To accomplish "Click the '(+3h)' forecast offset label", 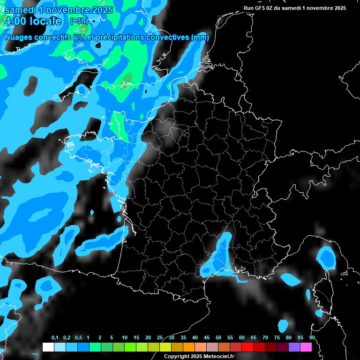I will (78, 21).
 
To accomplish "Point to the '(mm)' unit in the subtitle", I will (200, 37).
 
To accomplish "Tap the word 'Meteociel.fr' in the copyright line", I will (218, 357).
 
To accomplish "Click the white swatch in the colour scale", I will (48, 347).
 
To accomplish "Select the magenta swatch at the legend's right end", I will (306, 347).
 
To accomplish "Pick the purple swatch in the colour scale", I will (294, 347).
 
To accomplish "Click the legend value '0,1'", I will (54, 338).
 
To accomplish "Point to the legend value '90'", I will (312, 338).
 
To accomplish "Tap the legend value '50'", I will (218, 338).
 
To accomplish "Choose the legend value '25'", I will (160, 338).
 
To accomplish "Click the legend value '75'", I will (277, 338).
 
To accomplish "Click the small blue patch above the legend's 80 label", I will (283, 325).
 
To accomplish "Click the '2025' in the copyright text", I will (192, 357).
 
